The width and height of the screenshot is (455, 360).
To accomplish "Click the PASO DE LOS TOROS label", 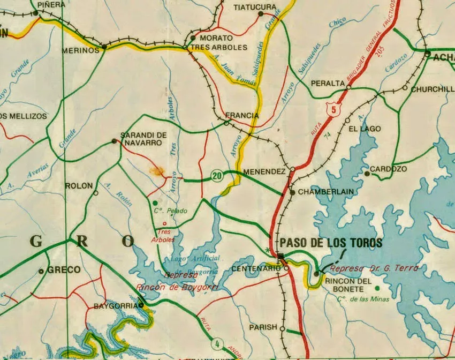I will [331, 243].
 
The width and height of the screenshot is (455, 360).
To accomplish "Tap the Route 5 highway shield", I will [335, 109].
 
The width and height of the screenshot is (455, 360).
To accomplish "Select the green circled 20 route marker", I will [217, 176].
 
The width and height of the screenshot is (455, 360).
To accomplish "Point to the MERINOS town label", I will [81, 50].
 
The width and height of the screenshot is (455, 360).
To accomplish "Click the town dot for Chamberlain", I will [292, 192].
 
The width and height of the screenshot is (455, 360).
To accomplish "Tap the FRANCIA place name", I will [242, 115].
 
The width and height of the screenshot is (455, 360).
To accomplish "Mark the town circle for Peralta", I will [348, 86].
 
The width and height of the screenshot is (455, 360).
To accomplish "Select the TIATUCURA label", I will [255, 7].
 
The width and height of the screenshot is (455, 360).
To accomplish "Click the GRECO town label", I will [64, 269].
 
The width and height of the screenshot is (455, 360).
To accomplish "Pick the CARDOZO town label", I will [389, 169].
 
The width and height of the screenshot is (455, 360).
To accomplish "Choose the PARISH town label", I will [263, 327].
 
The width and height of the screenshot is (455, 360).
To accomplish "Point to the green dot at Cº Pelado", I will [155, 203].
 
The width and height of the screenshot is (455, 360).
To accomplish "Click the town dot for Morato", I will [193, 38].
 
